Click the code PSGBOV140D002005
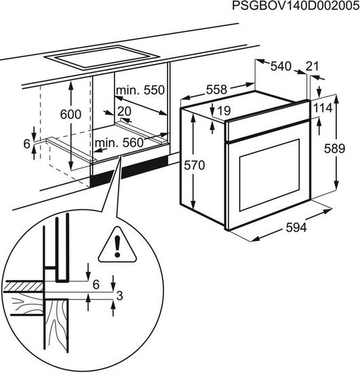point(296,6)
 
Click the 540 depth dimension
point(281,66)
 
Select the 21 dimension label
point(312,66)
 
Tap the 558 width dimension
point(217,90)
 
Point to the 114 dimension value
point(323,109)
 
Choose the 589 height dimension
point(334,149)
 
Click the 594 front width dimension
point(296,228)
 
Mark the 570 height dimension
point(195,165)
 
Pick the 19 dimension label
point(224,111)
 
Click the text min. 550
point(140,90)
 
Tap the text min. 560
point(119,142)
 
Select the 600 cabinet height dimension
point(71,115)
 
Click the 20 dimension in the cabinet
point(124,111)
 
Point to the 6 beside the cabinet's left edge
point(27,144)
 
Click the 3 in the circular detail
point(120,296)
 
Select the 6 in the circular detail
point(96,285)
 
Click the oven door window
point(269,175)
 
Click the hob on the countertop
point(102,58)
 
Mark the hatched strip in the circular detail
point(23,286)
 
